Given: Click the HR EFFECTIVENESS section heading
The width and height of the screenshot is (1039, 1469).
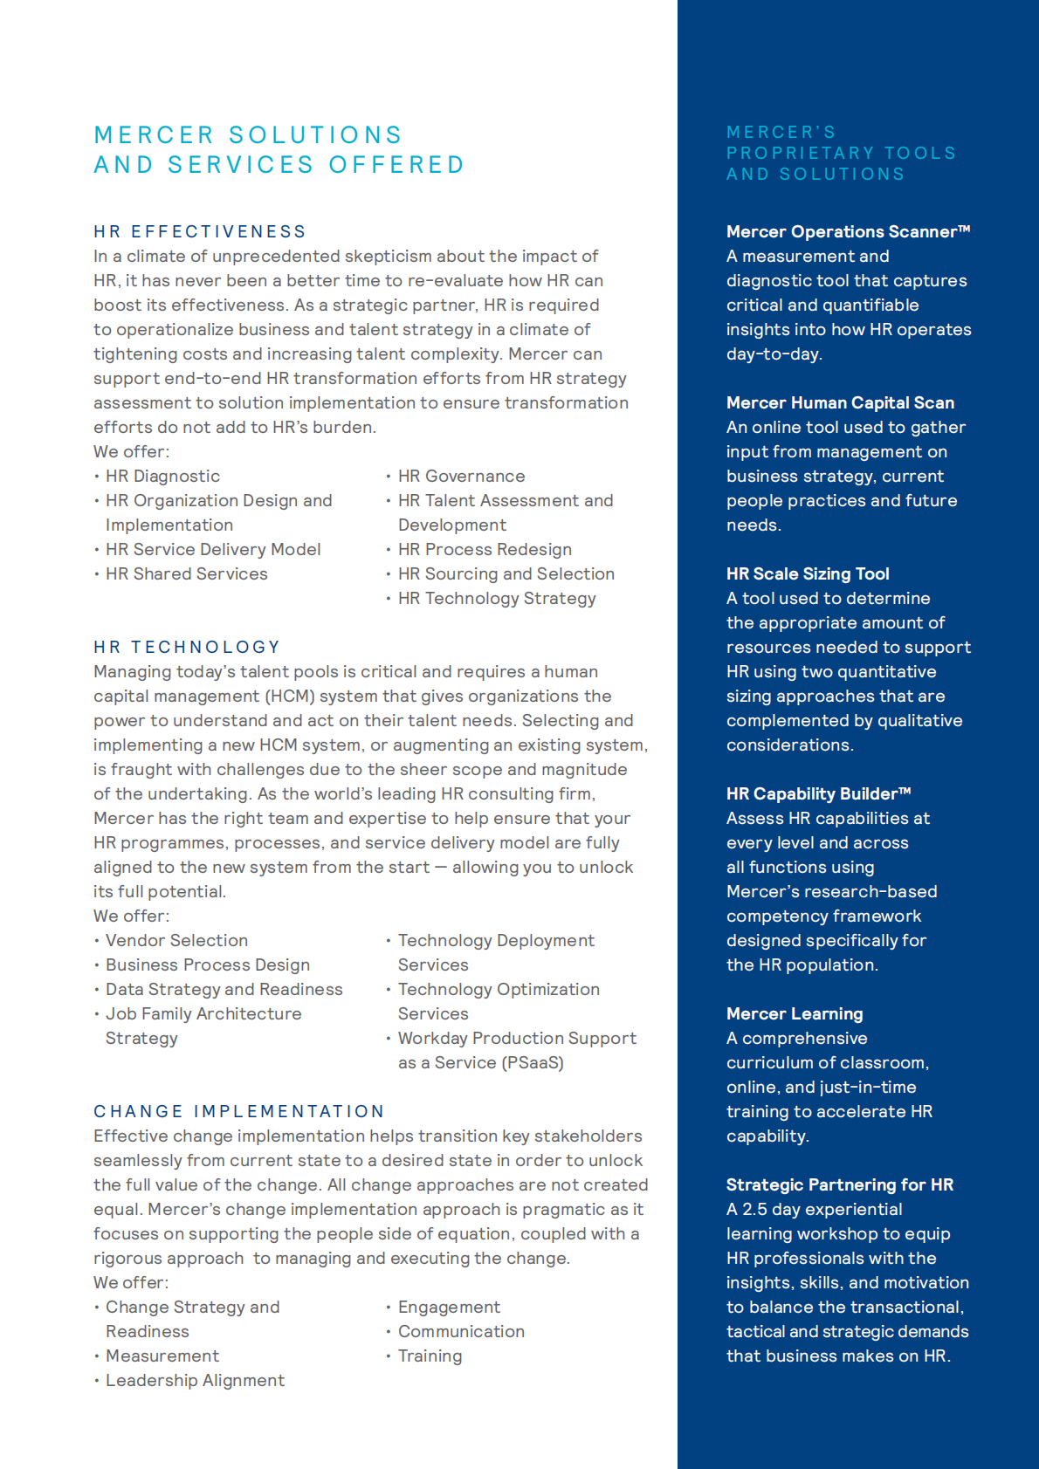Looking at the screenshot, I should tap(200, 231).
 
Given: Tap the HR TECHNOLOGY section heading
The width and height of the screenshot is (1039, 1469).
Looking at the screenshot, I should tap(187, 647).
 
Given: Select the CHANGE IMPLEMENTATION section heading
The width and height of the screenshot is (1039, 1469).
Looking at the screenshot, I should tap(239, 1111).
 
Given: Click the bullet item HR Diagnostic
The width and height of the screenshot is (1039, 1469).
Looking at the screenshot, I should tap(162, 476).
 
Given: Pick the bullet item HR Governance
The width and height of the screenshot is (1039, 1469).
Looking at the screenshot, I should tap(461, 476).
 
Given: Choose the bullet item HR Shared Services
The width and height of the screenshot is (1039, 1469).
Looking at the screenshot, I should tap(186, 573).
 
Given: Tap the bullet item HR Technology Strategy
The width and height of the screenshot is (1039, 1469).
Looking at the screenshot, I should tap(497, 598).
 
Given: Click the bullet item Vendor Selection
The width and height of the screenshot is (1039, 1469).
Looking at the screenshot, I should tap(176, 940).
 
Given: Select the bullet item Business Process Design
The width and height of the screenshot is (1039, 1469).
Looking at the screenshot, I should tap(208, 964).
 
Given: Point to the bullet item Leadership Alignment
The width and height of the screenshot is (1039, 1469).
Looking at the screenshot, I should tap(195, 1380).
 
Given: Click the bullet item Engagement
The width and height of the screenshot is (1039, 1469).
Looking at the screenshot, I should tap(449, 1307).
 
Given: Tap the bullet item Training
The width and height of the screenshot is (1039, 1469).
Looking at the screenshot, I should tap(430, 1356).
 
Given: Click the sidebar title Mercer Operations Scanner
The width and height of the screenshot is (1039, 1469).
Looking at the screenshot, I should tap(847, 231).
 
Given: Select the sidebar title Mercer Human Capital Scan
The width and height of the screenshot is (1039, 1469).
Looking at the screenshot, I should tap(840, 402).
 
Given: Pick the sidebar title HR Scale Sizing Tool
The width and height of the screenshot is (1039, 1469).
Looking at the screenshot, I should tap(808, 573).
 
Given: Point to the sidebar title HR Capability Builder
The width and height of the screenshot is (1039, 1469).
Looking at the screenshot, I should tap(818, 793).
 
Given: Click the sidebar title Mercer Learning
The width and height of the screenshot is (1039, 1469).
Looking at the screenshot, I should tap(795, 1013).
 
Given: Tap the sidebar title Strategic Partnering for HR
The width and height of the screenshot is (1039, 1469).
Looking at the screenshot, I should tap(839, 1184).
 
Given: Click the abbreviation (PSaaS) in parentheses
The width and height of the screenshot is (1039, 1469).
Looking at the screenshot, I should tap(533, 1062).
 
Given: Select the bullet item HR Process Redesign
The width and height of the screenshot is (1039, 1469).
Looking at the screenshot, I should tap(485, 549).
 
